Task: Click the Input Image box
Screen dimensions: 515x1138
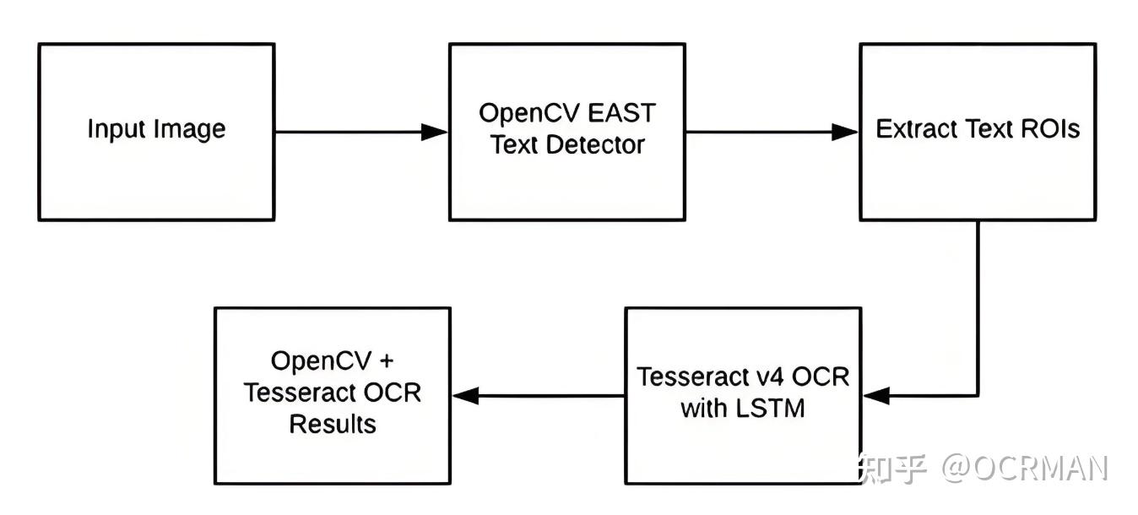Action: point(156,132)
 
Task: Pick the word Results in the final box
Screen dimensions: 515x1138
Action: point(333,424)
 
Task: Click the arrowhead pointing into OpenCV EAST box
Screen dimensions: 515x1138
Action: point(434,132)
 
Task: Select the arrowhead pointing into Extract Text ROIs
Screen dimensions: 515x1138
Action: point(845,132)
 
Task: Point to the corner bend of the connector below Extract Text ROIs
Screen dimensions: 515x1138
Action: point(978,394)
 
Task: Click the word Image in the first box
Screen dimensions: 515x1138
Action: point(191,130)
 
